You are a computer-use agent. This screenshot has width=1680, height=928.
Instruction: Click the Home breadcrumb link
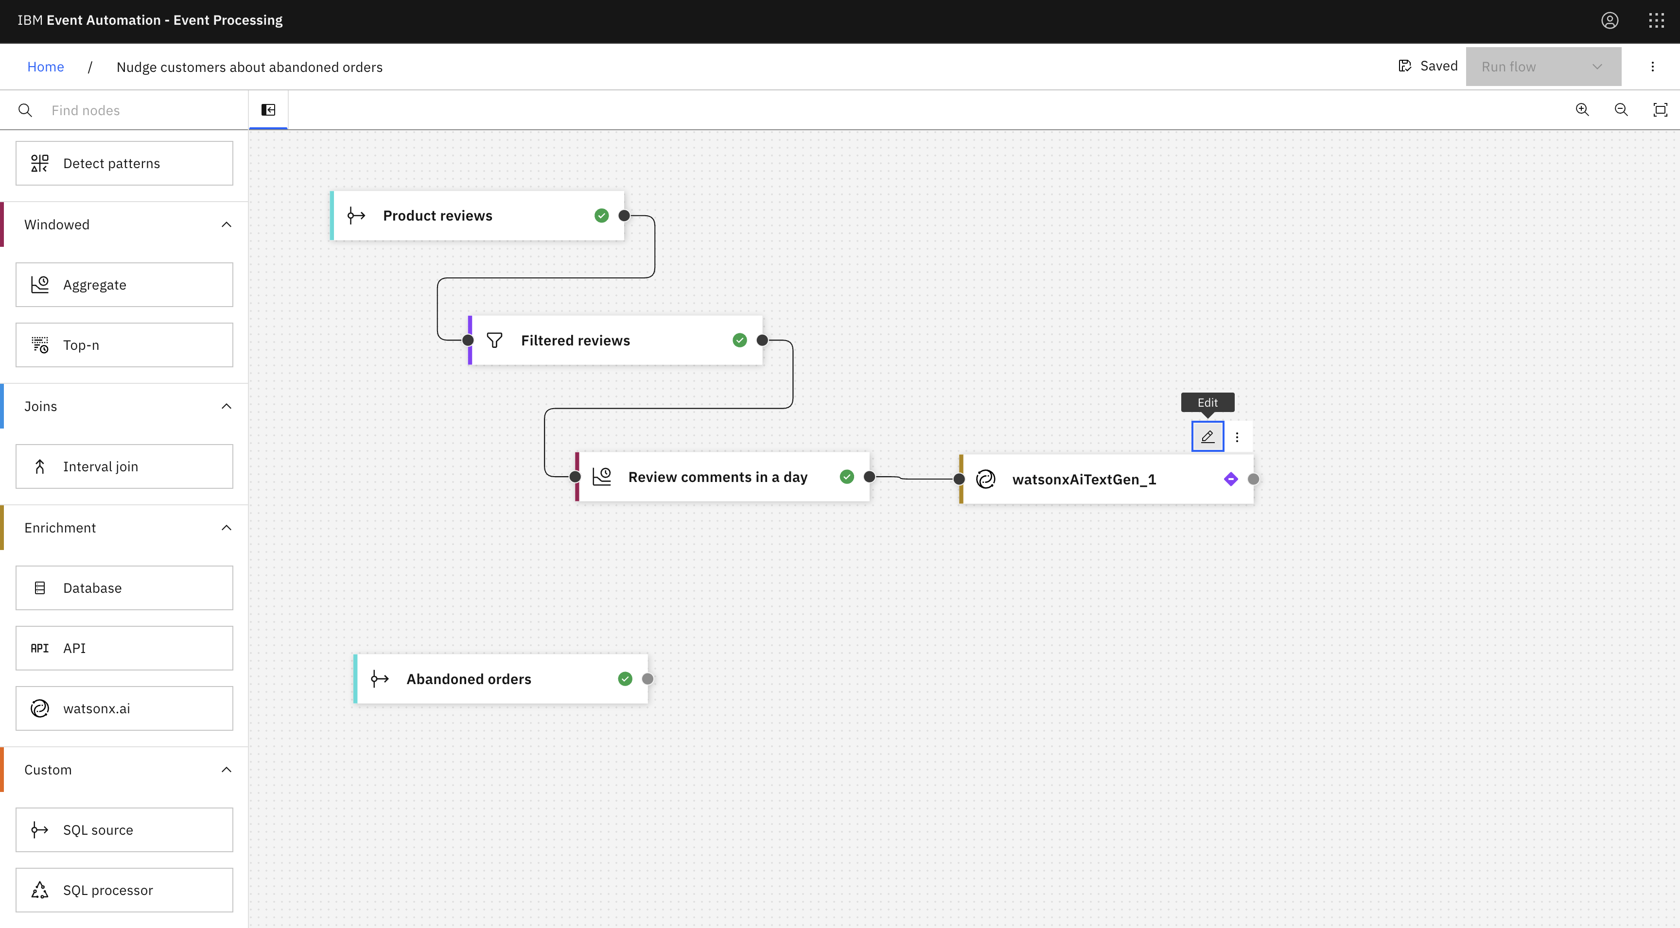click(x=46, y=67)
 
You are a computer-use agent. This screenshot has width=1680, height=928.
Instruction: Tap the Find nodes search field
click(x=137, y=110)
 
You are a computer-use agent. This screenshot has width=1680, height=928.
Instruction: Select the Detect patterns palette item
click(x=124, y=164)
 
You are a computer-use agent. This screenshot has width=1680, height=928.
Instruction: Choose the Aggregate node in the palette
click(x=124, y=285)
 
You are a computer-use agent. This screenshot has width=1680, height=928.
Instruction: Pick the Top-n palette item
click(x=124, y=345)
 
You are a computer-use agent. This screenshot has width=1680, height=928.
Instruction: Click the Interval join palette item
click(x=124, y=466)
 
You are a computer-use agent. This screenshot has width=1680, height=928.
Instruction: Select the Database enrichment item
click(x=124, y=588)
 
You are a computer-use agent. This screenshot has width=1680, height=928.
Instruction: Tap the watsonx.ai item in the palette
click(x=124, y=708)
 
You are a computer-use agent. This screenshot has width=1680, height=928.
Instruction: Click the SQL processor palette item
click(x=124, y=890)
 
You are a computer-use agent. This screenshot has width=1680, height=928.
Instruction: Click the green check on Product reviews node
click(x=601, y=216)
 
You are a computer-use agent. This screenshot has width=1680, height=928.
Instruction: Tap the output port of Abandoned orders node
click(x=647, y=679)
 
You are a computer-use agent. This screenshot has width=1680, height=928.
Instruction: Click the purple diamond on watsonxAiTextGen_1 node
click(x=1231, y=480)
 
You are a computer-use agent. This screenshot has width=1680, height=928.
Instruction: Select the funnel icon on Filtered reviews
click(x=494, y=340)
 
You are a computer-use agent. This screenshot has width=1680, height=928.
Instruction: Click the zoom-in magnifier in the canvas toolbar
click(x=1582, y=109)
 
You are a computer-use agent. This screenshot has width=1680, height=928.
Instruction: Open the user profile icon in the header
click(x=1610, y=21)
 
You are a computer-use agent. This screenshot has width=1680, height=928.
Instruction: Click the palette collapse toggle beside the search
click(x=268, y=109)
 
